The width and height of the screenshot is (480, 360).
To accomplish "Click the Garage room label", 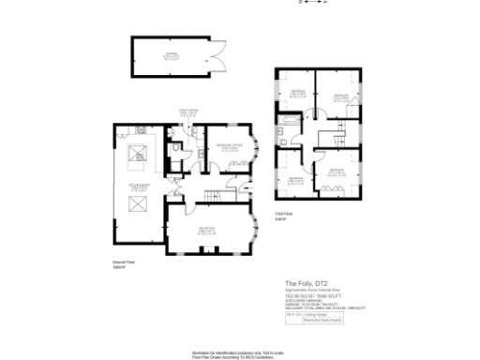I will [172, 55].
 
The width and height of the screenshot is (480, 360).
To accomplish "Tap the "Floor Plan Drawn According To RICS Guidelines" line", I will [239, 354].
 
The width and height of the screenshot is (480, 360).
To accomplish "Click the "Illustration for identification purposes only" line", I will [239, 349].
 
